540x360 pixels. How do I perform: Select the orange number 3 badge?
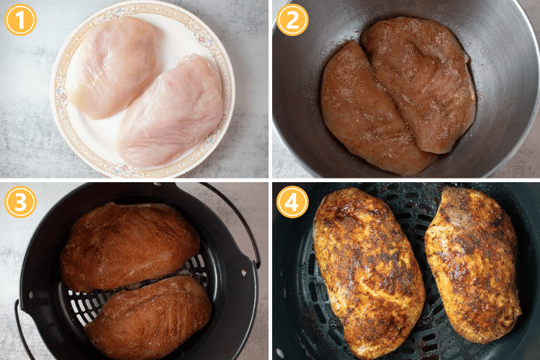(x=20, y=202)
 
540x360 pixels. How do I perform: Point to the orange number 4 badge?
(x=292, y=202)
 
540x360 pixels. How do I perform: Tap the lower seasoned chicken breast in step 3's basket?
(x=148, y=317)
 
